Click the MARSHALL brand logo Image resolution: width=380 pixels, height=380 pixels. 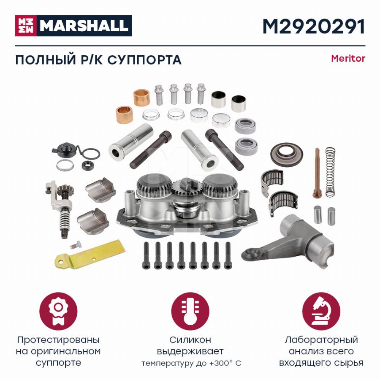(73, 25)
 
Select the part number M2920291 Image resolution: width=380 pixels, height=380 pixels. (314, 27)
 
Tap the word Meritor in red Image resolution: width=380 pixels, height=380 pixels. (348, 58)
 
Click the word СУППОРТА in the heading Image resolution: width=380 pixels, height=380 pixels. (144, 60)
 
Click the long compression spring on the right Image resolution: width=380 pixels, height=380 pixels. (330, 172)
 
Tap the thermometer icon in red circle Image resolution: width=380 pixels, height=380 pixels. (190, 312)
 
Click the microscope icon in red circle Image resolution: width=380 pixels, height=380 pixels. (321, 312)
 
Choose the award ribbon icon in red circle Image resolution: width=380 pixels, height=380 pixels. (58, 312)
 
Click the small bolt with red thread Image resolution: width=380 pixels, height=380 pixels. (76, 245)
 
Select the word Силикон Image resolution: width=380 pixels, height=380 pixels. (190, 340)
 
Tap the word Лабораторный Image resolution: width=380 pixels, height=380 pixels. (321, 340)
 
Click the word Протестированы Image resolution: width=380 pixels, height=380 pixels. (58, 340)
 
